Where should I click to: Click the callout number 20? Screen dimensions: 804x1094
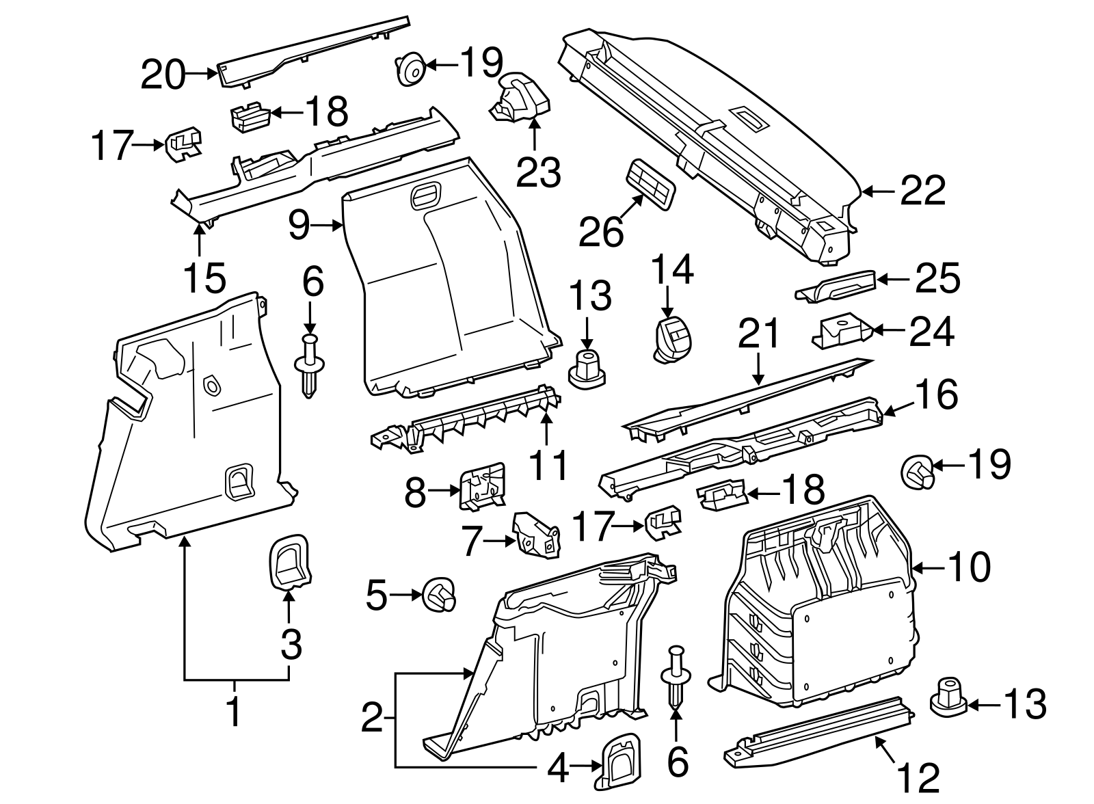coord(163,75)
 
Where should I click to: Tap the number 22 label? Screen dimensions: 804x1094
coord(922,191)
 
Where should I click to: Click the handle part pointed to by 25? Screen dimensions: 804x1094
coord(838,283)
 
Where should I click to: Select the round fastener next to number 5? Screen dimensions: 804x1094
coord(439,595)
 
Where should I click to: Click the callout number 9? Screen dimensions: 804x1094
coord(299,225)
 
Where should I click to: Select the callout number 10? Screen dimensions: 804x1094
coord(968,567)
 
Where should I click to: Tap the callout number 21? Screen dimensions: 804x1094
coord(759,335)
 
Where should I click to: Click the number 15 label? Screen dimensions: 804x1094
coord(204,277)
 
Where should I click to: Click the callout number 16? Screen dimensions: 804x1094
coord(936,395)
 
